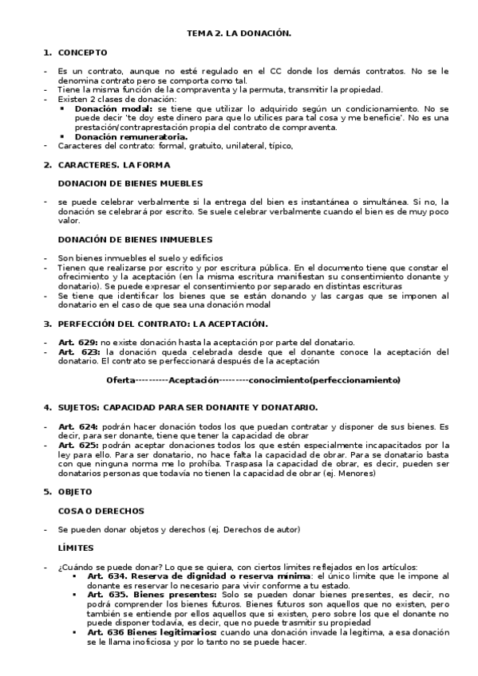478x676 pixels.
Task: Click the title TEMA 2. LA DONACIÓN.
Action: coord(239,34)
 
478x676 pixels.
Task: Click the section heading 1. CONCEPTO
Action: coord(76,53)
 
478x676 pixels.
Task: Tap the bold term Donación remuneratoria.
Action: coord(131,136)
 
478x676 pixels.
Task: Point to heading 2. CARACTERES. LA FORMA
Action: coord(113,164)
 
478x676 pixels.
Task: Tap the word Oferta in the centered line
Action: coord(120,379)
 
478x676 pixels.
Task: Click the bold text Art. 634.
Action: coord(107,576)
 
